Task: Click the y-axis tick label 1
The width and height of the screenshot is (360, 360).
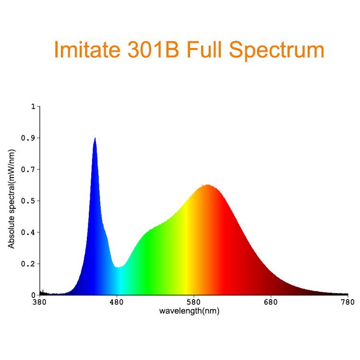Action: (33, 106)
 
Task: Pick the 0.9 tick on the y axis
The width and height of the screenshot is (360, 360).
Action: (28, 138)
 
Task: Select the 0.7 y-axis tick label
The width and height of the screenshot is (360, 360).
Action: (28, 169)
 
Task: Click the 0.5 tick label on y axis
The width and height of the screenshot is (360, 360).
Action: (28, 201)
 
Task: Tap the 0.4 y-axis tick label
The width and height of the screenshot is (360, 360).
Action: (28, 232)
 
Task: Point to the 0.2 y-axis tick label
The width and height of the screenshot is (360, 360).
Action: (28, 264)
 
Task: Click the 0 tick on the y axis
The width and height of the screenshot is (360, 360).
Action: (33, 295)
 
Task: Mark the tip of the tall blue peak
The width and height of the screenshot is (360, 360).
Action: (95, 138)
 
